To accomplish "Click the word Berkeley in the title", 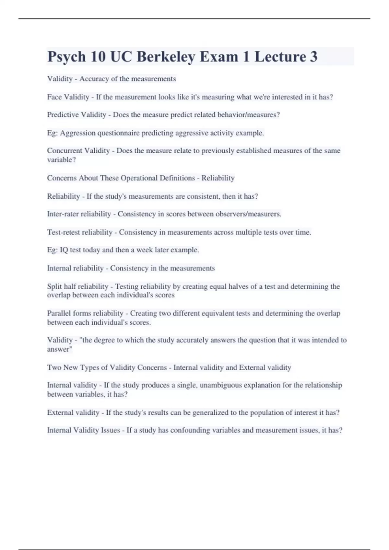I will (166, 57).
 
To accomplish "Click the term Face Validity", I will (68, 97).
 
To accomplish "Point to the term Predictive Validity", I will (77, 115).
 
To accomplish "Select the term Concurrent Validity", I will (78, 151).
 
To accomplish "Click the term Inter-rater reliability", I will (79, 214).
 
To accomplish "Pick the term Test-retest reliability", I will (80, 232).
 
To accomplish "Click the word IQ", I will (64, 250).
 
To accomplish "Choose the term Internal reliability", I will (75, 268).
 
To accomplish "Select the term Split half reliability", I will (77, 286).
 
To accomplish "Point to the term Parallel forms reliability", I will (85, 313).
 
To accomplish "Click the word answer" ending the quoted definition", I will (60, 349).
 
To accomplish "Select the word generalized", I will (210, 412).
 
